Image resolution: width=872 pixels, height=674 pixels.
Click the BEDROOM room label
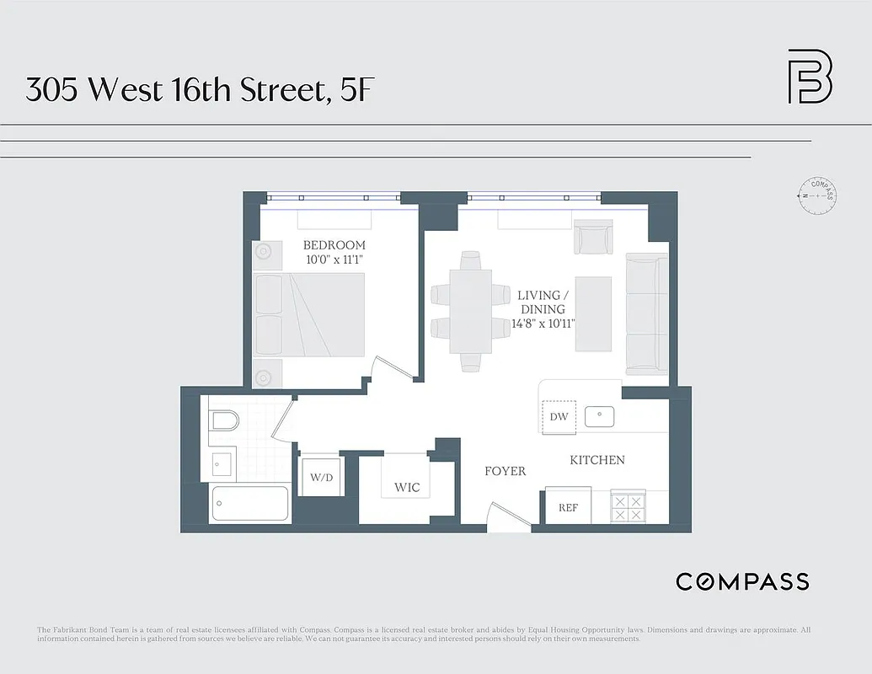334,245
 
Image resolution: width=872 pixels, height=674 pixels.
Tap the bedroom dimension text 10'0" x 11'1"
334,259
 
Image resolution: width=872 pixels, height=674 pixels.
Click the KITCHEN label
597,460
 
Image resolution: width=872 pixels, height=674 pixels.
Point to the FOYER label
505,471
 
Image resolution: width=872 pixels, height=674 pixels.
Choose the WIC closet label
407,487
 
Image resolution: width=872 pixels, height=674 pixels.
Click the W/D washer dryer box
321,478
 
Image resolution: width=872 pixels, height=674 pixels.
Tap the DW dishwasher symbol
559,417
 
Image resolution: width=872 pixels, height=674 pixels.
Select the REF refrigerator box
568,508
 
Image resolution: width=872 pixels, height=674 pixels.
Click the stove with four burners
627,507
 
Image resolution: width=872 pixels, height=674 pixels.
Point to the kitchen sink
600,416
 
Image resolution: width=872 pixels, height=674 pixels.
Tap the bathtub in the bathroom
250,504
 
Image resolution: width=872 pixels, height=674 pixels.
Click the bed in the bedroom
310,315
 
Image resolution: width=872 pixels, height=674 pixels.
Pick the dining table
471,311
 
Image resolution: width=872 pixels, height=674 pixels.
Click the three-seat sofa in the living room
647,314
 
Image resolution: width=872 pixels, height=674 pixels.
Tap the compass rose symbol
816,195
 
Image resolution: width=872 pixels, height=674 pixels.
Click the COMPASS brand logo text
742,581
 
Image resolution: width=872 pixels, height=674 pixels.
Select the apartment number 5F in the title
355,88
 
